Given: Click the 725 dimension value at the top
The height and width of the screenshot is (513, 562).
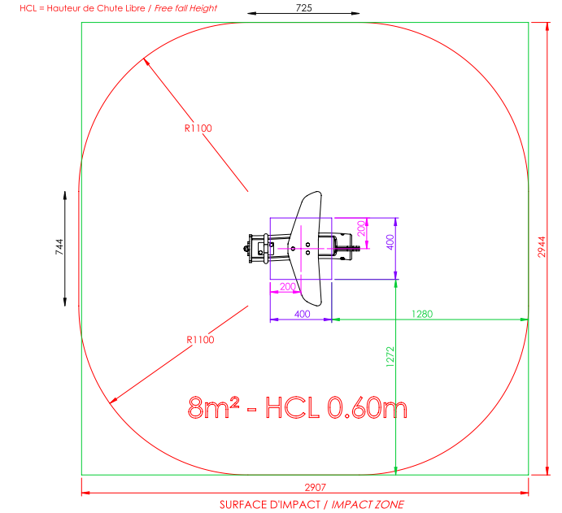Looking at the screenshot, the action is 303,8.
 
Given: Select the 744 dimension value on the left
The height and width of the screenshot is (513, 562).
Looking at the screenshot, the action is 59,247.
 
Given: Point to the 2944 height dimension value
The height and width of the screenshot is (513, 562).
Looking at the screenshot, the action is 542,247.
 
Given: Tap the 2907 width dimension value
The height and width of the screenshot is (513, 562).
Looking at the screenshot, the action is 315,487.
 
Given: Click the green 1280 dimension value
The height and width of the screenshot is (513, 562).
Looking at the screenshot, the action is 422,314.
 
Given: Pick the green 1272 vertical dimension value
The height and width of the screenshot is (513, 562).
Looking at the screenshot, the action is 390,357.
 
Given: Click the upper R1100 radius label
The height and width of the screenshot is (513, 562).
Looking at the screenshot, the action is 198,128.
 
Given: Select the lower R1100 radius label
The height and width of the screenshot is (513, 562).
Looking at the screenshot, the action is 200,340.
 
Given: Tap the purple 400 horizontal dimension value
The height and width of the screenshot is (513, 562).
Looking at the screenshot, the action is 303,314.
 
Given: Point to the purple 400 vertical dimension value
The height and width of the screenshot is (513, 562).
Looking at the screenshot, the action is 390,242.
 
